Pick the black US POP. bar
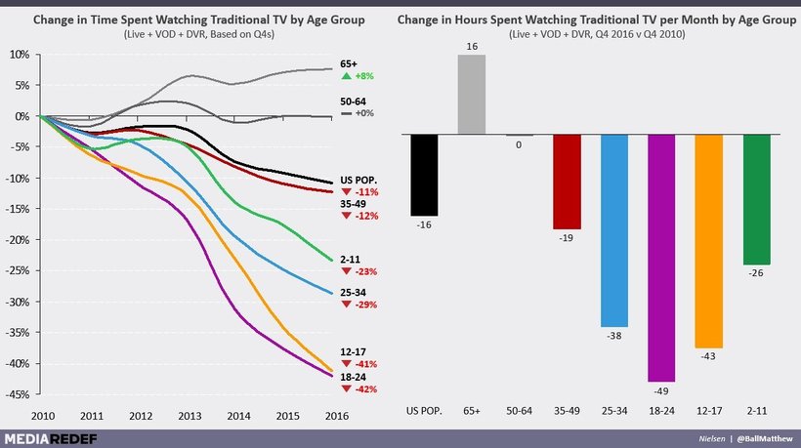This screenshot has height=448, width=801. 424,175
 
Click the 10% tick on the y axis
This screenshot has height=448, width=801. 21,54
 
